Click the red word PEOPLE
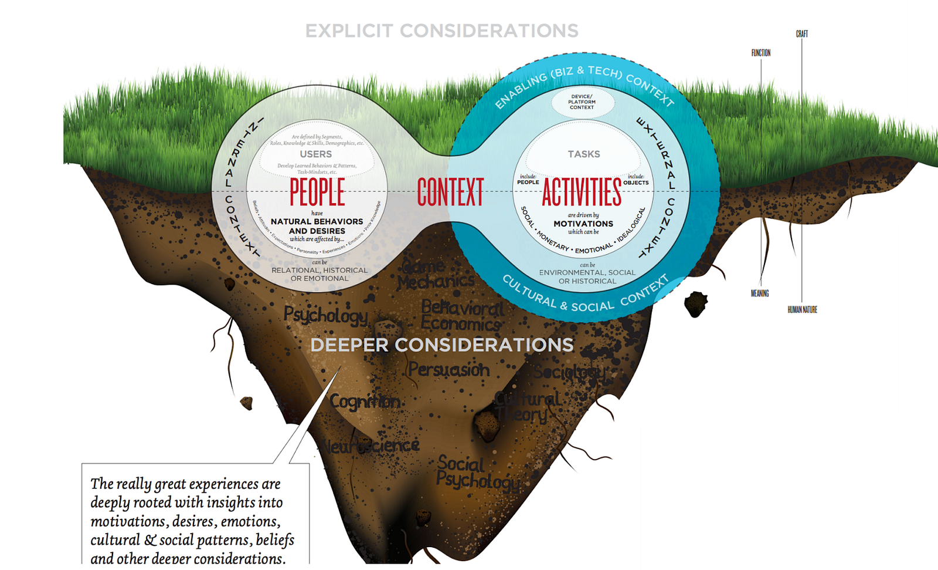coord(317,193)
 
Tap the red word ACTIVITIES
coord(582,193)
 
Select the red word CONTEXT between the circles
coord(450,193)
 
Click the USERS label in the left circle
coord(316,154)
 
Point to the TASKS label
coord(584,154)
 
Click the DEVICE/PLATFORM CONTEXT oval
coord(582,102)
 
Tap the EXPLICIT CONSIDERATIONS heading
coord(441,31)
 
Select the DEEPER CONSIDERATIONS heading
coord(441,345)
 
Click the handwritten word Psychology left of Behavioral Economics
coord(325,316)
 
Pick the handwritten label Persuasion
coord(448,370)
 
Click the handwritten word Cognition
coord(365,402)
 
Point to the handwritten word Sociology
coord(568,372)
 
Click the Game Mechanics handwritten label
coord(435,275)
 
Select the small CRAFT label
coord(802,34)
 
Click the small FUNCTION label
coord(761,53)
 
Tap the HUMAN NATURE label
coord(802,310)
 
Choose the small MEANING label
coord(760,294)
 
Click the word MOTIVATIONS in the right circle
coord(583,224)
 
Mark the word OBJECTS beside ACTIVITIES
coord(636,183)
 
